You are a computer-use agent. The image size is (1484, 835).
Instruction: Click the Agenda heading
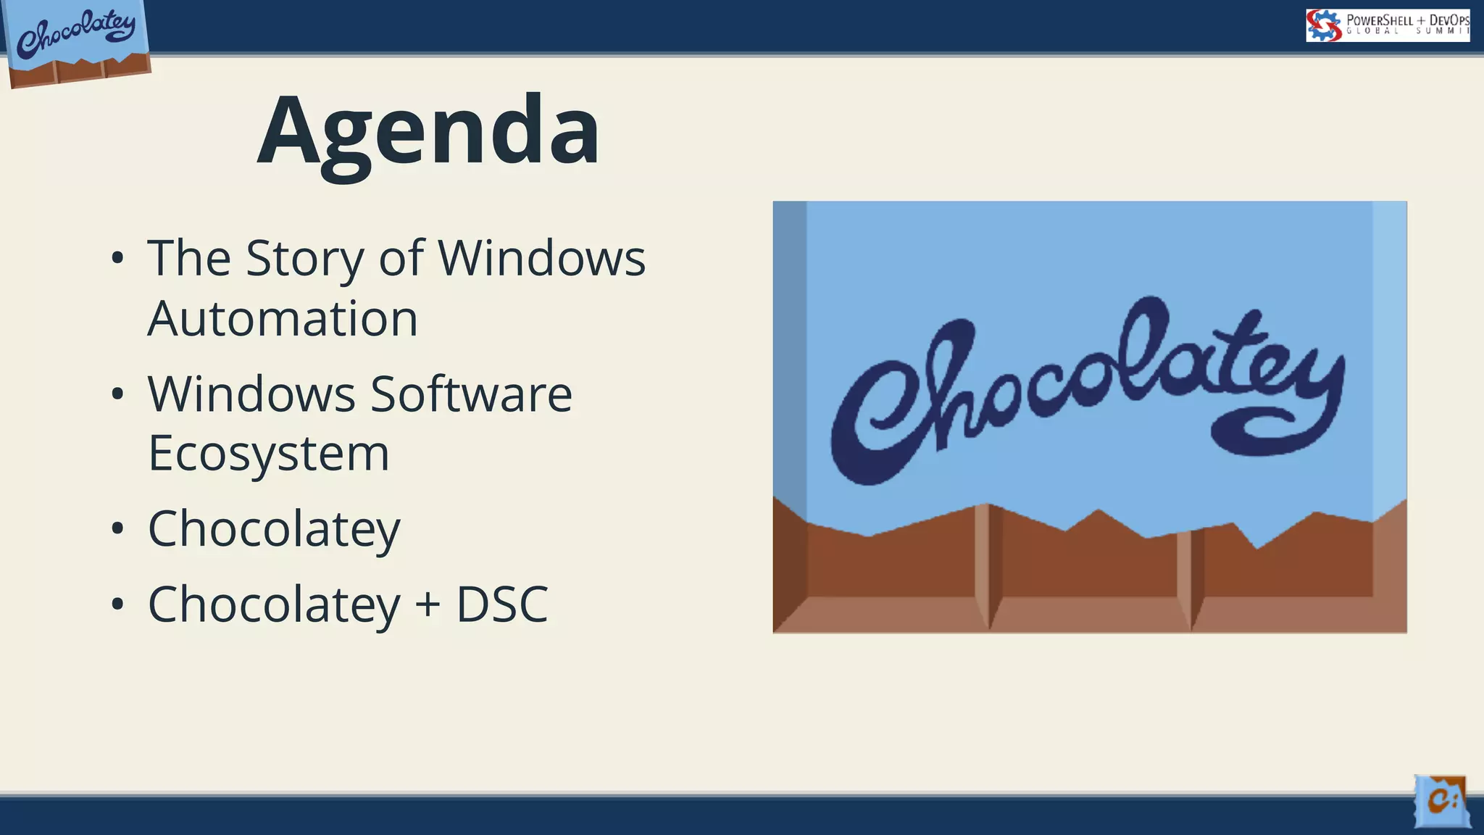pyautogui.click(x=429, y=130)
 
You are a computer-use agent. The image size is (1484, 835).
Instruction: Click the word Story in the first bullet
pyautogui.click(x=304, y=258)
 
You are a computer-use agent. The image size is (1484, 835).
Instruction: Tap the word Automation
pyautogui.click(x=283, y=319)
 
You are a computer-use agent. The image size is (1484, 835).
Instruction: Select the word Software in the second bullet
pyautogui.click(x=471, y=394)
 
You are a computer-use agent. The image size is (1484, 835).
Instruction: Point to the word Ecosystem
pyautogui.click(x=269, y=454)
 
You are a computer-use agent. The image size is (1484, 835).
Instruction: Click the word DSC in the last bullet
pyautogui.click(x=501, y=605)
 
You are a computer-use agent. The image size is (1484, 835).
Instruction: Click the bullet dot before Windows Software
pyautogui.click(x=118, y=395)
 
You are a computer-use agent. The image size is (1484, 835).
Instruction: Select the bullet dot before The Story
pyautogui.click(x=118, y=259)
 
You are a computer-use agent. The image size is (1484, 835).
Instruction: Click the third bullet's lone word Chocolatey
pyautogui.click(x=274, y=529)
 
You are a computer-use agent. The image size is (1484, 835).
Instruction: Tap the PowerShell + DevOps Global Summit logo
pyautogui.click(x=1388, y=25)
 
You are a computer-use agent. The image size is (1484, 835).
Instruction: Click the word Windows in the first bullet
pyautogui.click(x=541, y=258)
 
